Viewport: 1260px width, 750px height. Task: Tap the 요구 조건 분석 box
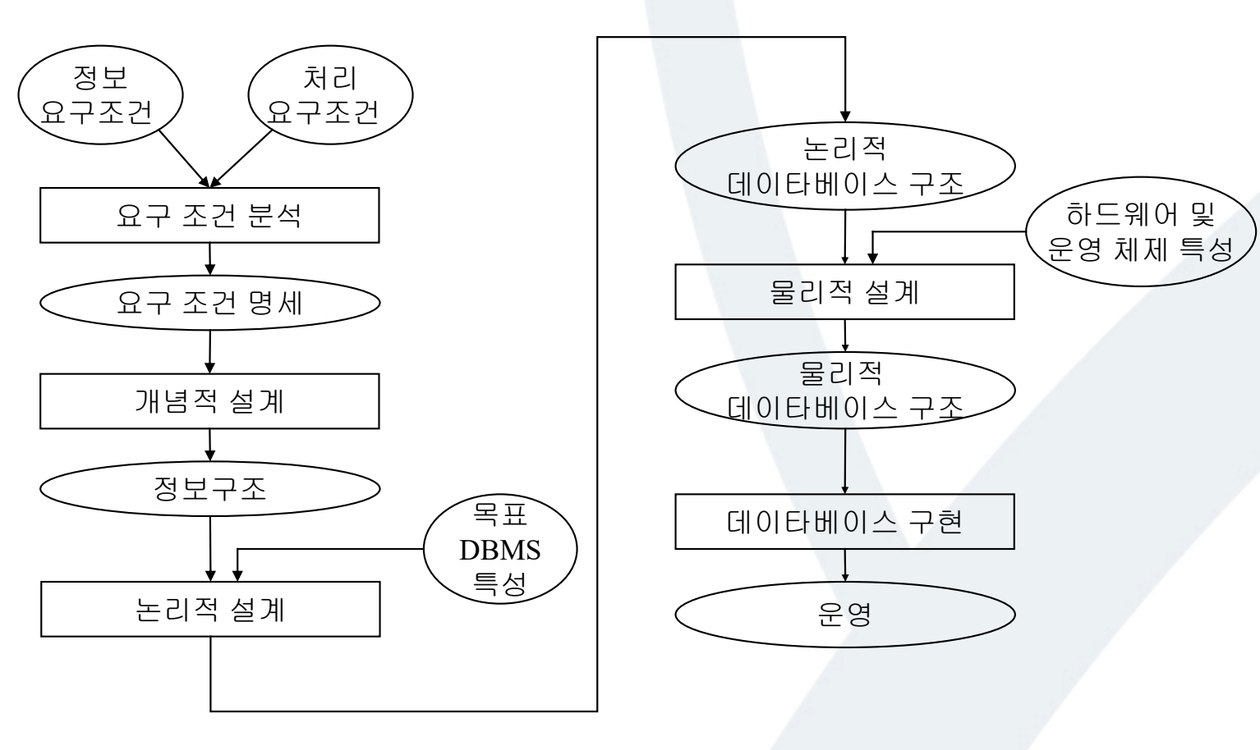click(x=209, y=216)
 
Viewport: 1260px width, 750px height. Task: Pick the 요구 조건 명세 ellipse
click(x=209, y=303)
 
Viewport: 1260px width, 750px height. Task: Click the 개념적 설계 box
click(x=209, y=401)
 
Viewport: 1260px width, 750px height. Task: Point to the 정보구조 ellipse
click(x=209, y=490)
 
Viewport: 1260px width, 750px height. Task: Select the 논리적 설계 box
click(x=209, y=610)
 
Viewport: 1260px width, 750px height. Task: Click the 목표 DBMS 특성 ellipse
click(x=499, y=550)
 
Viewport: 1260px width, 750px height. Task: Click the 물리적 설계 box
click(x=844, y=293)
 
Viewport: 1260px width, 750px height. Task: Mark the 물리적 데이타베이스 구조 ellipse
click(x=844, y=391)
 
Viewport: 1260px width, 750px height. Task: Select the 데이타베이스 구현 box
click(x=844, y=522)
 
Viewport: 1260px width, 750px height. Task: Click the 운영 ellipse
click(x=844, y=615)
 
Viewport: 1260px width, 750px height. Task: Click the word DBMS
click(x=499, y=550)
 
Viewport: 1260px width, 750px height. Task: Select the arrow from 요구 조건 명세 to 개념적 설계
click(x=210, y=352)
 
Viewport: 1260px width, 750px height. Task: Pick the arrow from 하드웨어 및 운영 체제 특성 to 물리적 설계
click(x=945, y=232)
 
